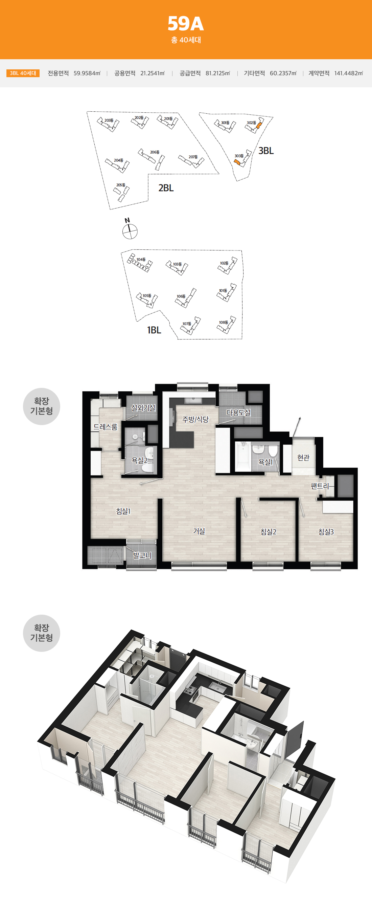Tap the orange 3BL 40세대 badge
[23, 73]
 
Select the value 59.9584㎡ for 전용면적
[87, 73]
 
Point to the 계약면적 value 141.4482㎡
[349, 73]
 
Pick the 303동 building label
[239, 156]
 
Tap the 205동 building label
[121, 185]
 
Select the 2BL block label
[166, 188]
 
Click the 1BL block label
[154, 330]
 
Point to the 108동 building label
[223, 322]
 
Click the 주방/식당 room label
[195, 419]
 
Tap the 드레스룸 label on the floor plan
[105, 427]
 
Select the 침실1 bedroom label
[123, 511]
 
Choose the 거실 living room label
[199, 531]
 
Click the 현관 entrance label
[303, 457]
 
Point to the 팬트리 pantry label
[320, 486]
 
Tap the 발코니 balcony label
[142, 555]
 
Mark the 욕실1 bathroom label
[265, 462]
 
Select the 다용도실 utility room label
[238, 412]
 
